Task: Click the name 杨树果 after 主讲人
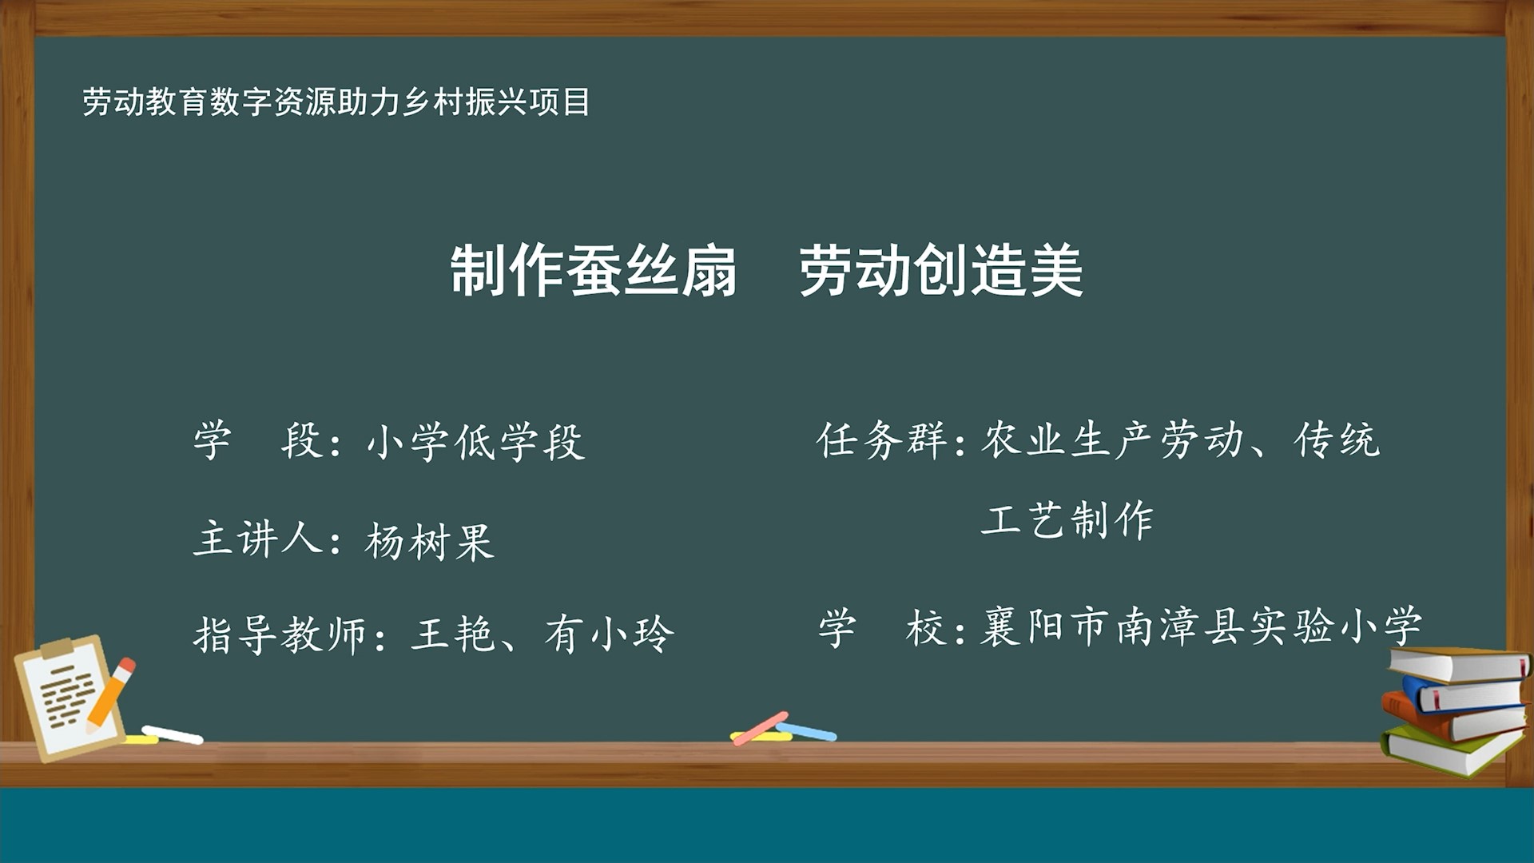pyautogui.click(x=430, y=542)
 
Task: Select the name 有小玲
pyautogui.click(x=609, y=635)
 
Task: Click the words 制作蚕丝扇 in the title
pyautogui.click(x=593, y=272)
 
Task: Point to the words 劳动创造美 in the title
pyautogui.click(x=940, y=272)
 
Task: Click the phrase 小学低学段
pyautogui.click(x=476, y=442)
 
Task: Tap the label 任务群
pyautogui.click(x=880, y=440)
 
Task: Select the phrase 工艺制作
pyautogui.click(x=1067, y=520)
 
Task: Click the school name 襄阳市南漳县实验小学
pyautogui.click(x=1201, y=626)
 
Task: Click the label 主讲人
pyautogui.click(x=257, y=539)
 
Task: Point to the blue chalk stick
pyautogui.click(x=809, y=731)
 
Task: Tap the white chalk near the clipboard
pyautogui.click(x=173, y=734)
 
